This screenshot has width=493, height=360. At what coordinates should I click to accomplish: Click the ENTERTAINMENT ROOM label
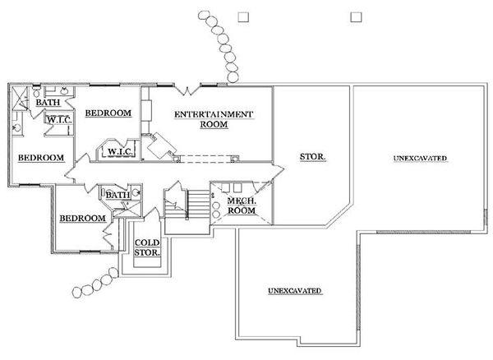point(213,119)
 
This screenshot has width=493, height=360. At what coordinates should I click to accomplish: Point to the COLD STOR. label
point(148,247)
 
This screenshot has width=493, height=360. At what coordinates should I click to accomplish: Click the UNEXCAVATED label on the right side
point(420,157)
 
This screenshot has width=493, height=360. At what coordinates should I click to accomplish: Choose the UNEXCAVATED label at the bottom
point(294,292)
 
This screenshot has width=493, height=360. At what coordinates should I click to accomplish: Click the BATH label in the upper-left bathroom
point(46,103)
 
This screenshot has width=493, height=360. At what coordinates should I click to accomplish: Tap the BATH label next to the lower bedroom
point(116,196)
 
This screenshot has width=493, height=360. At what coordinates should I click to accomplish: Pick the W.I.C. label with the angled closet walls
point(114,152)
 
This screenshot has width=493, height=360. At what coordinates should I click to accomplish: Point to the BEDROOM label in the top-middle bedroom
point(108,113)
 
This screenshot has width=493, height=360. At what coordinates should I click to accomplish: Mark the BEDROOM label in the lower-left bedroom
point(81,218)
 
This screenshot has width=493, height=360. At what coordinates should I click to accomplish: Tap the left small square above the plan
point(242,16)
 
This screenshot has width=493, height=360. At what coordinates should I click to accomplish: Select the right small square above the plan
point(356,16)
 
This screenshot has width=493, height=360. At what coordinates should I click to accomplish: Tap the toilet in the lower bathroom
point(136,194)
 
